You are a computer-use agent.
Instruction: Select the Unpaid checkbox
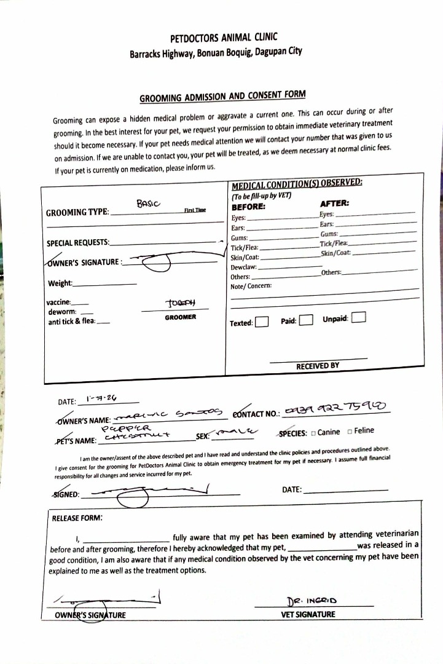(x=360, y=318)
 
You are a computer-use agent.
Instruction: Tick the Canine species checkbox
(x=313, y=433)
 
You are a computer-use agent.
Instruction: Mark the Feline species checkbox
(x=350, y=432)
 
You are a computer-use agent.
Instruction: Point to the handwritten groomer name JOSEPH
(x=180, y=303)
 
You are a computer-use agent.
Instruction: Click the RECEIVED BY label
(x=318, y=366)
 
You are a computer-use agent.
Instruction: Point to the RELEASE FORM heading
(x=77, y=518)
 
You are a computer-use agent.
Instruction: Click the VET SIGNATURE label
(x=308, y=614)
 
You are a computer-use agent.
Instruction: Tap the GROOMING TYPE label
(x=77, y=213)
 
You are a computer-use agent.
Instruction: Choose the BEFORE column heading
(x=248, y=207)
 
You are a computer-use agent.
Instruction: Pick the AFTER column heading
(x=334, y=203)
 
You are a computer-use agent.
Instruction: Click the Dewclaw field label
(x=243, y=267)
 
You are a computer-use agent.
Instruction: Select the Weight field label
(x=60, y=283)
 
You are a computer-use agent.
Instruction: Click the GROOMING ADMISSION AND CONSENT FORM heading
(x=222, y=97)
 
